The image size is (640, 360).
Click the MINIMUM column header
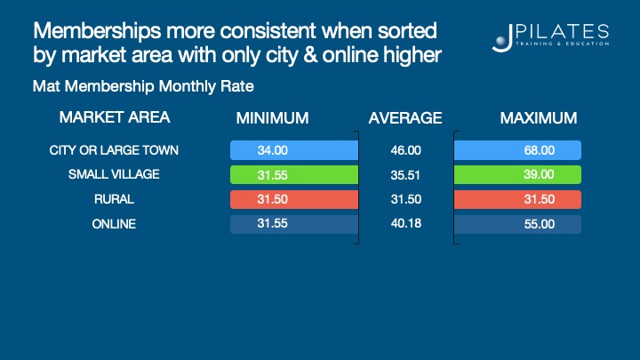[272, 118]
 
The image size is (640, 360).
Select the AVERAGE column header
[405, 118]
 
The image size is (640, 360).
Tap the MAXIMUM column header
[539, 118]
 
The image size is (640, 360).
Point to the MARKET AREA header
[114, 117]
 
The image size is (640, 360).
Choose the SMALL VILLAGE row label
[114, 174]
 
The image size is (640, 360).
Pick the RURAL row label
[114, 199]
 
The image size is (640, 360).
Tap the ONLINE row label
[114, 224]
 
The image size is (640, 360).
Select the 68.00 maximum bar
[517, 150]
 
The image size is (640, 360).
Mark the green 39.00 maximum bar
[517, 174]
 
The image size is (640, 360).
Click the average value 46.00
[405, 150]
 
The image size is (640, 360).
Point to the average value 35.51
[405, 174]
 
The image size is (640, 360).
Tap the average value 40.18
[405, 224]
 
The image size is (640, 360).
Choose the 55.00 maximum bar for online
[517, 224]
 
